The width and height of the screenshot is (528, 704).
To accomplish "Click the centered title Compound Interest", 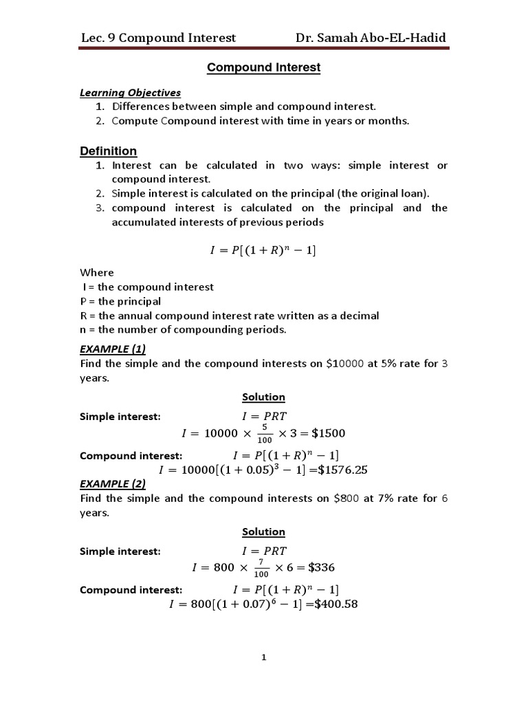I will tap(264, 67).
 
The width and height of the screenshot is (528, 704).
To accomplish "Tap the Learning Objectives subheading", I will tap(130, 92).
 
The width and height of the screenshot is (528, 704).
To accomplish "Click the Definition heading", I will tap(108, 151).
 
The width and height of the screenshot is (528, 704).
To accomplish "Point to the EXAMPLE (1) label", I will tap(113, 349).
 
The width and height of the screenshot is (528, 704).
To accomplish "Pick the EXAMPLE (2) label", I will tap(113, 483).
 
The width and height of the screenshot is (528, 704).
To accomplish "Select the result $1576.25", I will tap(346, 470).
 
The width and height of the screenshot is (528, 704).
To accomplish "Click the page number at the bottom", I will tap(263, 658).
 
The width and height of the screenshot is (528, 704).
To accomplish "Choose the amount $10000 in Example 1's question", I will tap(345, 364).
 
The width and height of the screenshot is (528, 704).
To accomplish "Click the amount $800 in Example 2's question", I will tap(346, 498).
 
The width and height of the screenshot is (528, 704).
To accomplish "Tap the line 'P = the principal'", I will tap(120, 301).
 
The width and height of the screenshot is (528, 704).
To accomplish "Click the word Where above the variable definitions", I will tap(97, 272).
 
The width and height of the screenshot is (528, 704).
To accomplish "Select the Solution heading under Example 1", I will tap(263, 397).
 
